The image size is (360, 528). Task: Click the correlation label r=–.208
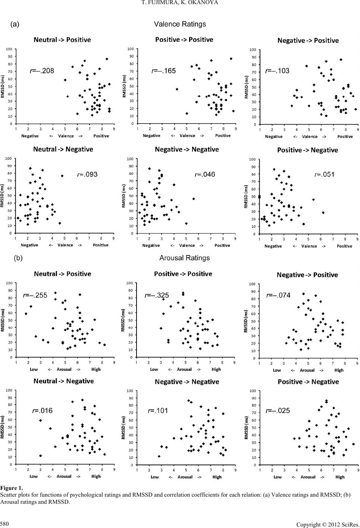pyautogui.click(x=42, y=71)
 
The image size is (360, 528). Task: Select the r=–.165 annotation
pyautogui.click(x=163, y=71)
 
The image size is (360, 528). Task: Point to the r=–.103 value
pyautogui.click(x=277, y=71)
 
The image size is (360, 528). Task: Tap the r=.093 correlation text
pyautogui.click(x=87, y=174)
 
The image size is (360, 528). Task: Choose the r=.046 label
pyautogui.click(x=205, y=174)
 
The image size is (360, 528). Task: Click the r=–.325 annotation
pyautogui.click(x=157, y=295)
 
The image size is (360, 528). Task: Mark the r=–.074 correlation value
pyautogui.click(x=278, y=295)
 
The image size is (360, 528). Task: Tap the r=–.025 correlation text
pyautogui.click(x=278, y=411)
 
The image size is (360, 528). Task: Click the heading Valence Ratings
pyautogui.click(x=180, y=24)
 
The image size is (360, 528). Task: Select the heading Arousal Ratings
pyautogui.click(x=184, y=258)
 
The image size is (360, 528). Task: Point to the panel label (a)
pyautogui.click(x=15, y=24)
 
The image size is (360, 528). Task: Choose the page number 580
pyautogui.click(x=5, y=521)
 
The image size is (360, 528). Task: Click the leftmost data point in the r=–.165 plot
pyautogui.click(x=177, y=89)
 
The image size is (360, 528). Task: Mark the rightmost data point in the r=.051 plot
pyautogui.click(x=323, y=212)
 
